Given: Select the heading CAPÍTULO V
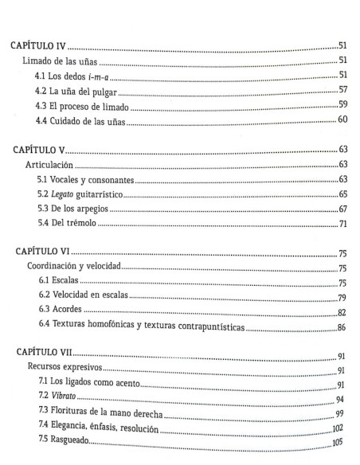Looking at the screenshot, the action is [x=39, y=148].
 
